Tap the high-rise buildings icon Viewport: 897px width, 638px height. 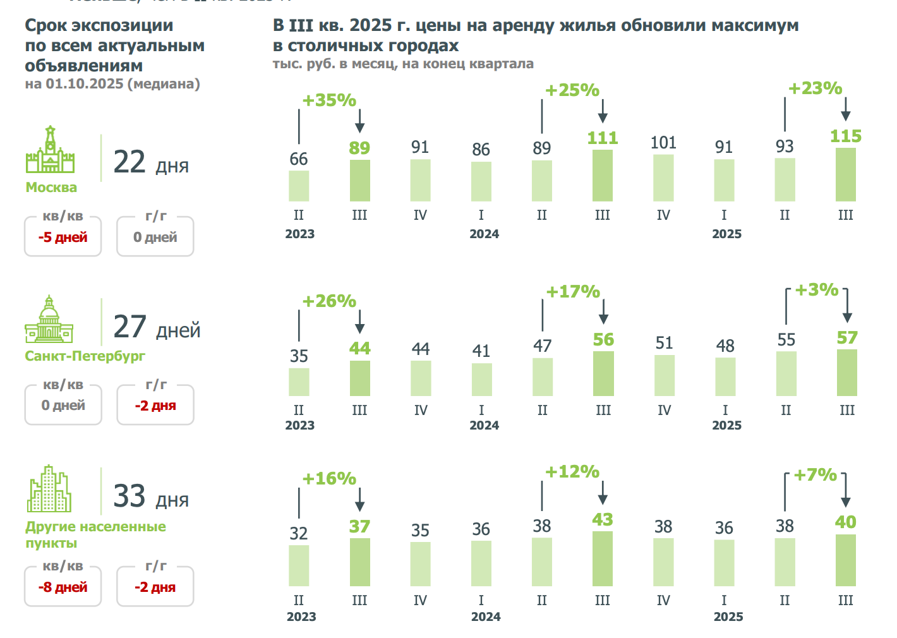tap(49, 489)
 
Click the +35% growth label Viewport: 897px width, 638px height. tap(329, 100)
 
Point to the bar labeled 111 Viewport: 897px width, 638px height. tap(603, 176)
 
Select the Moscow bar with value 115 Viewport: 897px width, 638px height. tap(846, 174)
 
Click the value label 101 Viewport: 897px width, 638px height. tap(663, 143)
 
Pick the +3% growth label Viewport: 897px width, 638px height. tap(816, 290)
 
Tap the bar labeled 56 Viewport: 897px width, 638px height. tap(603, 373)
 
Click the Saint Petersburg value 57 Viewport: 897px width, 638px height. tap(847, 338)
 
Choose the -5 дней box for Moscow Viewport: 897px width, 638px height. tap(63, 238)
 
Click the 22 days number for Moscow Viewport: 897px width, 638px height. tap(129, 162)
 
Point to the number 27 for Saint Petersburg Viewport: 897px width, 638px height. tap(129, 327)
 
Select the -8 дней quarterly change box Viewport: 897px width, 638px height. tap(63, 587)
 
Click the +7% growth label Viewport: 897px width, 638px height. tap(815, 475)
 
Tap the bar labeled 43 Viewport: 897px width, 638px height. tap(603, 558)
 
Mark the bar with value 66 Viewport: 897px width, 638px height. tap(299, 186)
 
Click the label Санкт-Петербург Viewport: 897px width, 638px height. tap(85, 356)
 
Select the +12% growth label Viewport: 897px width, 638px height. tap(572, 472)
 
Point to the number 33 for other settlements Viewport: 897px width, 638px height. tap(129, 496)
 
